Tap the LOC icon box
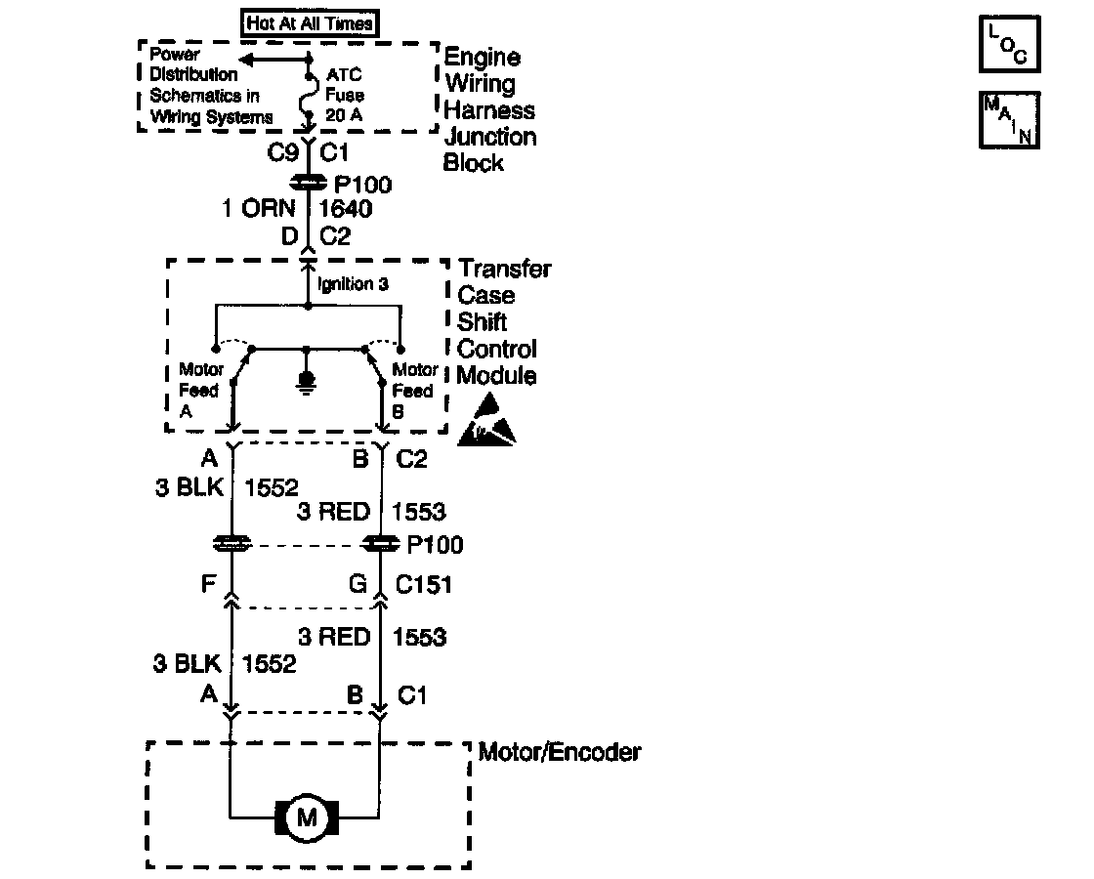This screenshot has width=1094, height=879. coord(1010,45)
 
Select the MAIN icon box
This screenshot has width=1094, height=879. coord(1010,120)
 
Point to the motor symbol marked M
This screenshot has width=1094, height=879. coord(307,817)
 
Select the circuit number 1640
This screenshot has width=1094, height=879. coord(347,209)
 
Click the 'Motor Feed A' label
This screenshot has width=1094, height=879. coord(199,391)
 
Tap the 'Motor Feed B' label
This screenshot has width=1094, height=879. coord(414,391)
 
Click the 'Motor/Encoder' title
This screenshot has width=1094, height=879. coord(560,752)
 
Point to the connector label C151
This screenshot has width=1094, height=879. coord(423,584)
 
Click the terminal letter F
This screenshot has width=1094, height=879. coord(207,584)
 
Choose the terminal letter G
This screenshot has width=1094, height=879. coord(358,584)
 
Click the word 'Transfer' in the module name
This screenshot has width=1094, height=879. coord(505,269)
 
